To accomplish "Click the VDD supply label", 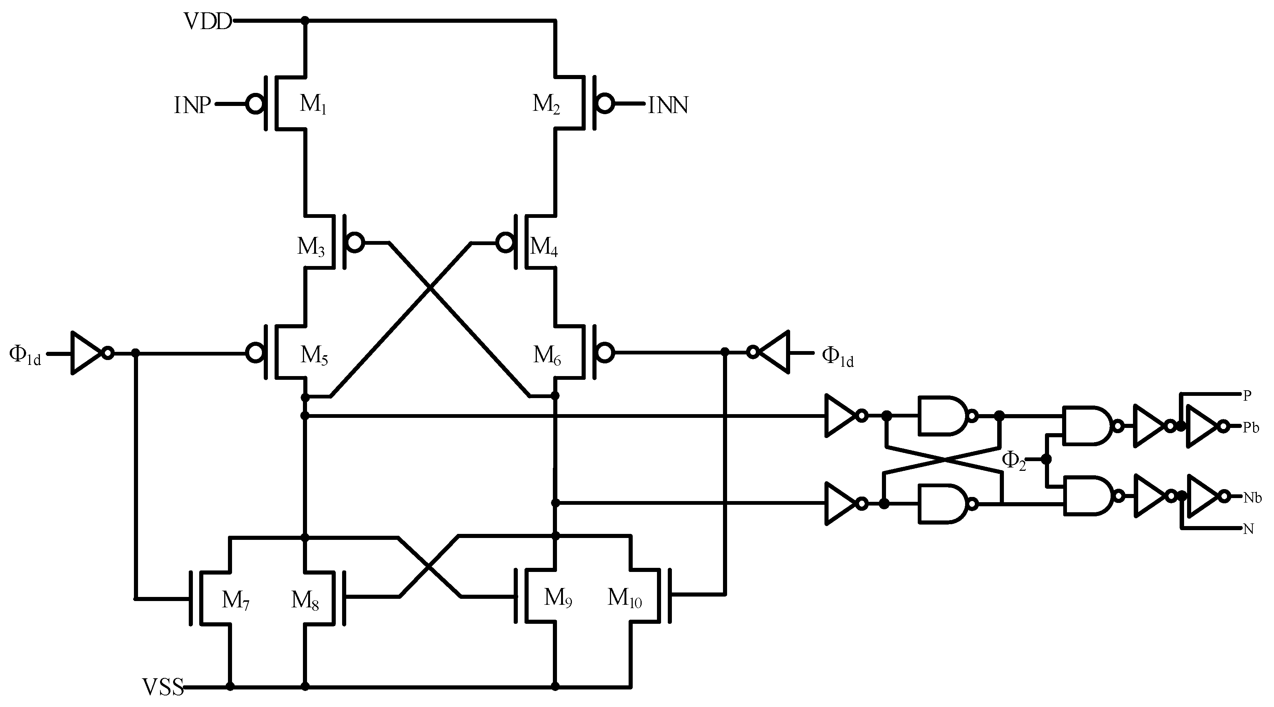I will click(x=207, y=22).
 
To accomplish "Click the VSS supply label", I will click(x=163, y=687).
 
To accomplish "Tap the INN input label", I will click(x=668, y=105).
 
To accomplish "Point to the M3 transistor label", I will click(x=311, y=246).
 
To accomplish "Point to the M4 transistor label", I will click(x=544, y=246).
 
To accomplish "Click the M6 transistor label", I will click(x=547, y=355).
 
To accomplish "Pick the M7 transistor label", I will click(x=235, y=600).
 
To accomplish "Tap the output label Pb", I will click(x=1251, y=428).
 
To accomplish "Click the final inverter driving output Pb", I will click(x=1203, y=426).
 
